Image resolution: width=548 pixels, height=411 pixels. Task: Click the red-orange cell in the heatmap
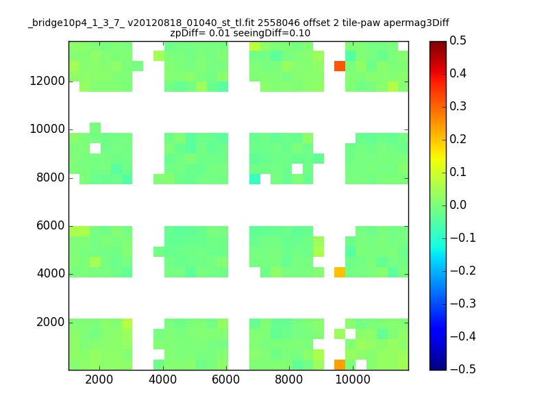coord(339,66)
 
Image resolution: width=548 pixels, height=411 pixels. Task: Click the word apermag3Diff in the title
coord(416,23)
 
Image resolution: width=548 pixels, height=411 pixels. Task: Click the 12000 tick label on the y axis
coord(47,81)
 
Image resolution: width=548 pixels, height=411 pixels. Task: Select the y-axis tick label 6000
coord(51,226)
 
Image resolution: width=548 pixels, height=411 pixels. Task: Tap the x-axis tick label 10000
coord(353,379)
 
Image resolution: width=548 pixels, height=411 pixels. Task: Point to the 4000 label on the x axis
coord(162,379)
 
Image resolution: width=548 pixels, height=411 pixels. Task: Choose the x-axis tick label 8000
coord(288,379)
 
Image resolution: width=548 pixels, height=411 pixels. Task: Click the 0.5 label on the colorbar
coord(458,40)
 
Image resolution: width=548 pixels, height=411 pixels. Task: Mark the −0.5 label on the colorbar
coord(463,369)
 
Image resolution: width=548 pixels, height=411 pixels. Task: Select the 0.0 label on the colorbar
coord(458,205)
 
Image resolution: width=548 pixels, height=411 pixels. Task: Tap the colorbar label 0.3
coord(458,106)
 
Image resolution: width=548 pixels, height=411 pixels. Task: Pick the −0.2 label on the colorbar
coord(463,271)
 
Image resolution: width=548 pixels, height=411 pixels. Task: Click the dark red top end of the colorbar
coord(438,44)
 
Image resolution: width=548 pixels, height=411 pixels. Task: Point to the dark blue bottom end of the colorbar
coord(438,367)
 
